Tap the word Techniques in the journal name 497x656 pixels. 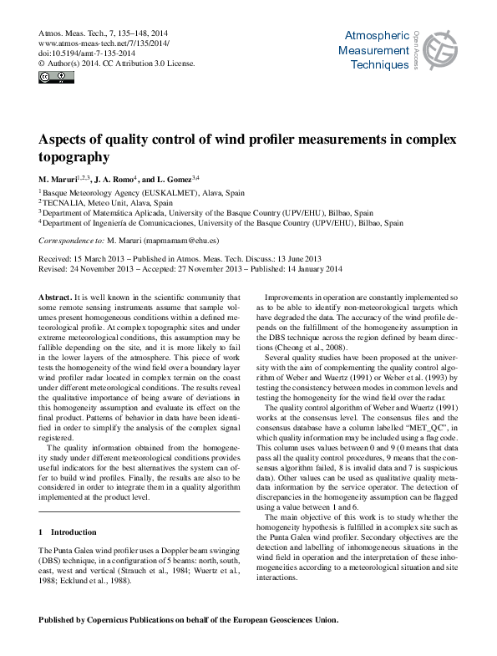[x=380, y=64]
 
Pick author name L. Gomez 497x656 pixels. [x=170, y=179]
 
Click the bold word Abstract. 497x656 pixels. [x=56, y=297]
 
